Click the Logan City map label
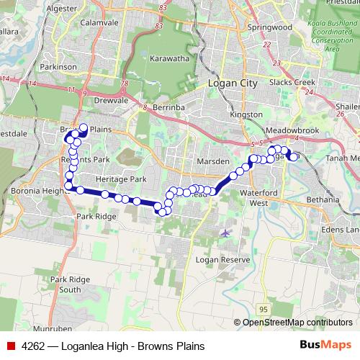(232, 84)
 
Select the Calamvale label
(99, 23)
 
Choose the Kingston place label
(241, 114)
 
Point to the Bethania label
(322, 199)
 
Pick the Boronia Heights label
(40, 191)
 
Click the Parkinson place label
(59, 66)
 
